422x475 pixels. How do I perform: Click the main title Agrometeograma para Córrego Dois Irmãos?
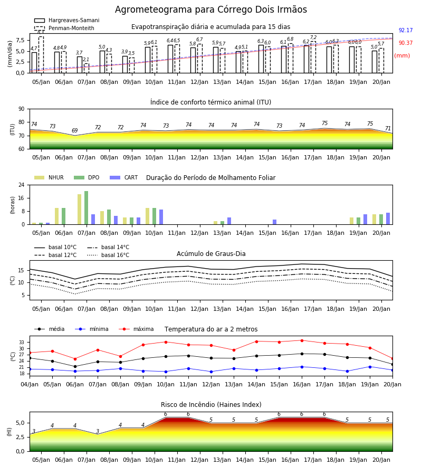[x=210, y=9]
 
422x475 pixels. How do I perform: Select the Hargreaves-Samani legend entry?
[x=66, y=20]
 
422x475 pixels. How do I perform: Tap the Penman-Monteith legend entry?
[x=64, y=28]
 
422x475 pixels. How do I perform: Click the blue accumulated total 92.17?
[x=406, y=30]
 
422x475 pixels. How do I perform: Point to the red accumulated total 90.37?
[x=406, y=43]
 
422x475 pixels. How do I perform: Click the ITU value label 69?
[x=75, y=130]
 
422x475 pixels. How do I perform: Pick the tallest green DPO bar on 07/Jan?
[x=87, y=208]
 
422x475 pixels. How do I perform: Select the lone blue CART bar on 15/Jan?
[x=275, y=222]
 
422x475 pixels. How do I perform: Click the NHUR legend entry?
[x=49, y=177]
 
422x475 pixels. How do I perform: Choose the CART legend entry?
[x=124, y=177]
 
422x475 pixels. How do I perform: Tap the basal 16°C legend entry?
[x=108, y=255]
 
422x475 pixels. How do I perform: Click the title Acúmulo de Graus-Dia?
[x=211, y=254]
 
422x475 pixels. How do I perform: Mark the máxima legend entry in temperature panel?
[x=136, y=329]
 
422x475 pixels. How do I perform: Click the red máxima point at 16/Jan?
[x=302, y=340]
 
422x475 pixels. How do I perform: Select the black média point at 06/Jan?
[x=75, y=367]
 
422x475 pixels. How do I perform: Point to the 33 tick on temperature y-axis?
[x=22, y=343]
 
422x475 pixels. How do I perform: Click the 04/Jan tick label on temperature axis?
[x=30, y=384]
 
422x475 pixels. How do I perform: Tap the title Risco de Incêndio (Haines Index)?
[x=211, y=405]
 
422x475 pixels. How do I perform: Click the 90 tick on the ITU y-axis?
[x=22, y=109]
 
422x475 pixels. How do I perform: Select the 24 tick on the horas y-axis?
[x=22, y=185]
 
